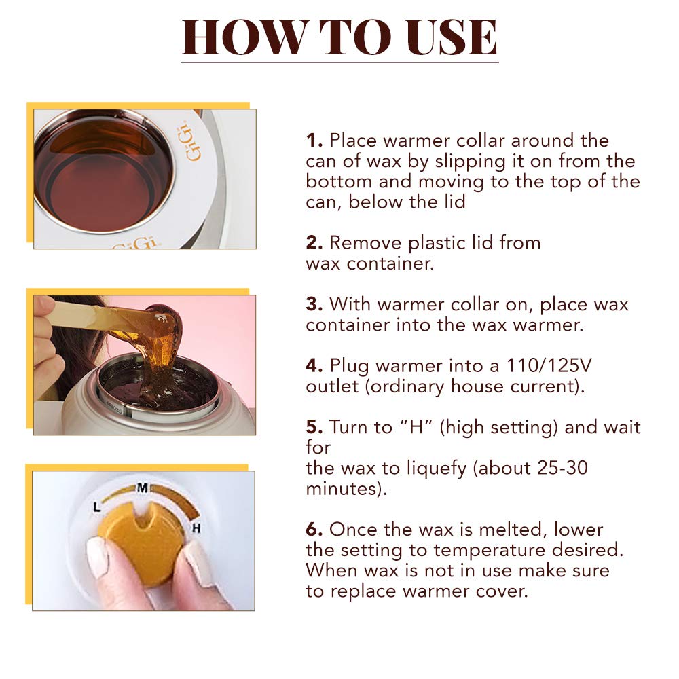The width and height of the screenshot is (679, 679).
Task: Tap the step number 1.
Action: point(314,141)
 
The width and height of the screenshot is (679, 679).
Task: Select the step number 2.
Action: point(314,243)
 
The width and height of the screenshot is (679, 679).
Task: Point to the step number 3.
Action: point(314,304)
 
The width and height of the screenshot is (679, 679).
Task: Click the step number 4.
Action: point(314,365)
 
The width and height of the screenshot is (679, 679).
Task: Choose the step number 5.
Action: point(314,427)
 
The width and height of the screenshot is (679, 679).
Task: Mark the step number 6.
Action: point(314,529)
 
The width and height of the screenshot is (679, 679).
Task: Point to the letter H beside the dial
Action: point(196,528)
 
